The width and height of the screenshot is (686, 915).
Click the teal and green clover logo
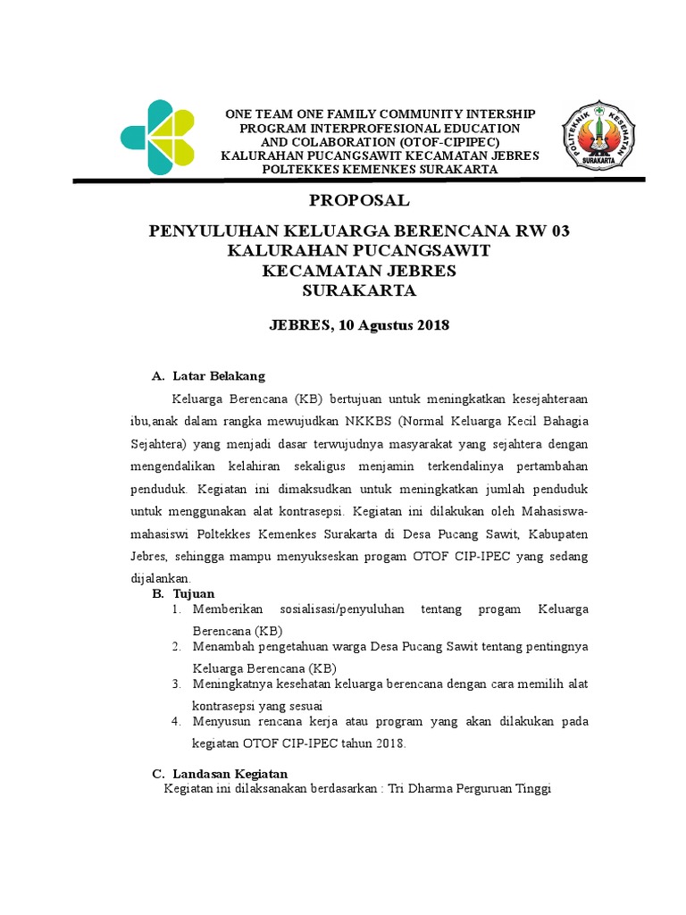pos(157,138)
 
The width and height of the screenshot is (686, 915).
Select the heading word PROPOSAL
pos(359,199)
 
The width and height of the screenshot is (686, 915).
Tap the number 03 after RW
pos(559,231)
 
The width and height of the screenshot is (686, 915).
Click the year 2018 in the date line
pos(431,325)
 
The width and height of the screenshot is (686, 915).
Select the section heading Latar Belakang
pos(219,375)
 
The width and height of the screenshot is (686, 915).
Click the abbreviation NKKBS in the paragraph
pos(371,421)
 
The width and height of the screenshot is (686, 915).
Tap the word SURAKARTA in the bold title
pos(359,291)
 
